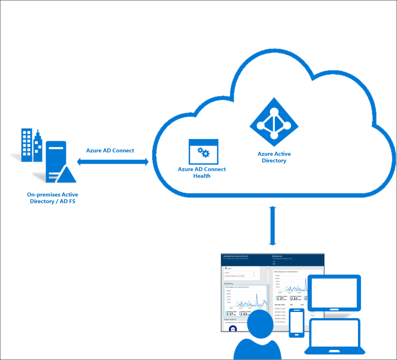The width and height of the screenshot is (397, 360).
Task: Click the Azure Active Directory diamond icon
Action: point(274,122)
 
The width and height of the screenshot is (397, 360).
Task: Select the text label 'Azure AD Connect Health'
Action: point(202,172)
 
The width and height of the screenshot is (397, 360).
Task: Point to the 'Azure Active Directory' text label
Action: point(274,157)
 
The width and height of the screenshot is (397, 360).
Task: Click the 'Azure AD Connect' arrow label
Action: point(110,151)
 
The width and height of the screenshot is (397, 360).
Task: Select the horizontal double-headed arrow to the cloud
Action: point(113,162)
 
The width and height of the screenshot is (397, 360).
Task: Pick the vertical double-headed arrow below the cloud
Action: point(273,225)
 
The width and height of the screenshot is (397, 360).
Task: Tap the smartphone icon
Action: point(296,323)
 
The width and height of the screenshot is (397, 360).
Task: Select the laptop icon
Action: point(335,337)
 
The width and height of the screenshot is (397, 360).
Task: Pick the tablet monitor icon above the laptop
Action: point(335,292)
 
